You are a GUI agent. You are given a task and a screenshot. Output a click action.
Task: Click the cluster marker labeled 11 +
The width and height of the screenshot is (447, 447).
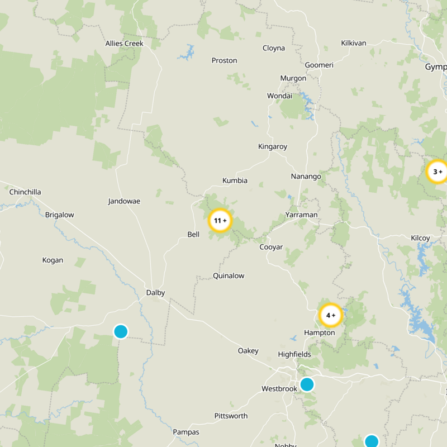220,221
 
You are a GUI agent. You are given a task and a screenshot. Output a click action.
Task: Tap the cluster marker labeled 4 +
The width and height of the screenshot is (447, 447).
330,315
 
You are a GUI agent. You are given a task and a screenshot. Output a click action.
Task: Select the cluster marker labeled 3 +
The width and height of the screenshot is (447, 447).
437,172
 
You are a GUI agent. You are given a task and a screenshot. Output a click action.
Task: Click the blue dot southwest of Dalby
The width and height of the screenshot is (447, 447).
121,331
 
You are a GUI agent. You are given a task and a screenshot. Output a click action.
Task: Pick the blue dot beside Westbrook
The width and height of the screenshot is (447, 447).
307,384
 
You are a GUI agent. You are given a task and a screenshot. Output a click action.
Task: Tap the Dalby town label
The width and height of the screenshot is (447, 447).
155,292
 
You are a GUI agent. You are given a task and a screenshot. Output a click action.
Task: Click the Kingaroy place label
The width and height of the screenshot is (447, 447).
273,146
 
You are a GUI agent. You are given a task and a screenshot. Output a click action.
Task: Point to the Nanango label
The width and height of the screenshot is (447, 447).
306,177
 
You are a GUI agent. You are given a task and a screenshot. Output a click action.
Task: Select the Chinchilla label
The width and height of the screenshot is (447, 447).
25,192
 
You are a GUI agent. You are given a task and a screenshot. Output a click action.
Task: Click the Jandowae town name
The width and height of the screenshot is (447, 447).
124,201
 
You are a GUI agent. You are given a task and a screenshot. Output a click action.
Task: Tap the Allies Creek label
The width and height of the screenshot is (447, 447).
125,44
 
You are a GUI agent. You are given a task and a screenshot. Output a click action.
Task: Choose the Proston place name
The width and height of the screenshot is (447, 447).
224,60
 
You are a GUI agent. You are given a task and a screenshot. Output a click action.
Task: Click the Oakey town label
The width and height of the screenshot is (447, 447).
248,350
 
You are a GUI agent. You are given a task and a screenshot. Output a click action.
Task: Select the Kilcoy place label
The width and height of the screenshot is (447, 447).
420,238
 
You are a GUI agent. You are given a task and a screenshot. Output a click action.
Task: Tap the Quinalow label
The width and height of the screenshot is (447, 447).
229,275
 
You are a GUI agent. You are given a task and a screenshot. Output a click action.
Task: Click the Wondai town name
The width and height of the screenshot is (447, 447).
279,96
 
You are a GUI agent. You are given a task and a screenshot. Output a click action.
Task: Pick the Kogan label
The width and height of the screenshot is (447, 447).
53,260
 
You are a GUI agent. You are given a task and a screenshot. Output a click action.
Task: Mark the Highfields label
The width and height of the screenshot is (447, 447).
294,354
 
